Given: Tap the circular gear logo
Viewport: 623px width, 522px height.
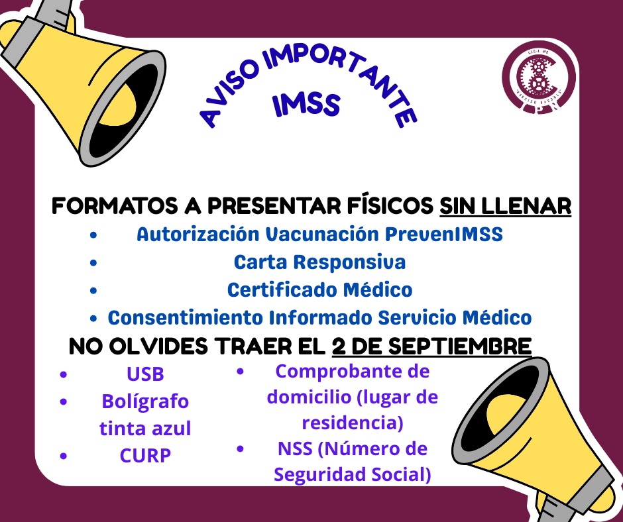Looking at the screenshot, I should pyautogui.click(x=538, y=80).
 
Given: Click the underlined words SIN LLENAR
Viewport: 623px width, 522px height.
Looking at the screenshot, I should pyautogui.click(x=505, y=206).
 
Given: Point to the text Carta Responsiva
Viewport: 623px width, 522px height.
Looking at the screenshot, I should pyautogui.click(x=319, y=262).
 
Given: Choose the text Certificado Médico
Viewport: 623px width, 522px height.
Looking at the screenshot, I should pyautogui.click(x=319, y=290).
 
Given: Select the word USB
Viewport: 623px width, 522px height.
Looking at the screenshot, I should pyautogui.click(x=145, y=374).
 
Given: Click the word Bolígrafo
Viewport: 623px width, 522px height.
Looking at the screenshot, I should pyautogui.click(x=145, y=401).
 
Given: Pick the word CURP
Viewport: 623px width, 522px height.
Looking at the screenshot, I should pyautogui.click(x=145, y=456).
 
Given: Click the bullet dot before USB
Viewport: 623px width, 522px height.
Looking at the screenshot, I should pyautogui.click(x=64, y=375).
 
